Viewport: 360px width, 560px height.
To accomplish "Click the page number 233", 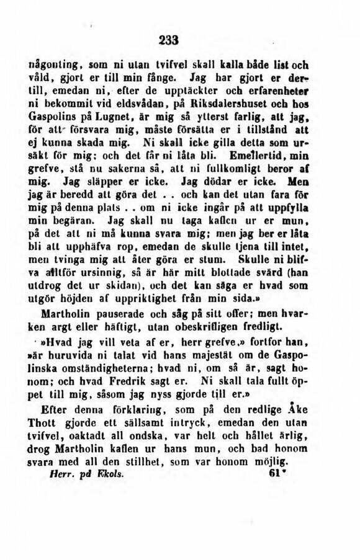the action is [168, 40].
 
